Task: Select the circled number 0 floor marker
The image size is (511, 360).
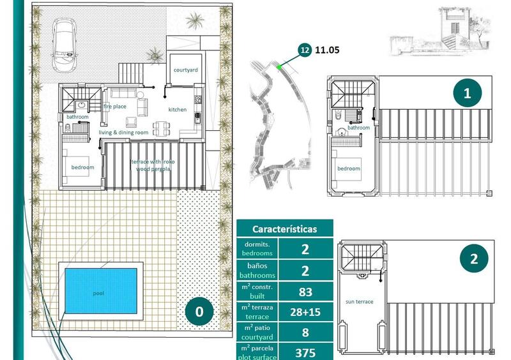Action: point(199,311)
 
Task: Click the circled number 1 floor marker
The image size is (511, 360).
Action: point(468,93)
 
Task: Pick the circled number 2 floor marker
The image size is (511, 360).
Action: point(473,259)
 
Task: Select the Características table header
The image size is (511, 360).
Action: point(284,229)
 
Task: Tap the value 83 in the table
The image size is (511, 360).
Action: point(305,292)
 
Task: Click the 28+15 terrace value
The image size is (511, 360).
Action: point(305,313)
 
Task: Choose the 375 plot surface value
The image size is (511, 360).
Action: point(305,352)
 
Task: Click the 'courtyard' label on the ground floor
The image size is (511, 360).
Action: point(185,70)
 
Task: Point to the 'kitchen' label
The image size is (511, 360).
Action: point(178,110)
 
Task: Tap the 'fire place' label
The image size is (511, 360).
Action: point(116,106)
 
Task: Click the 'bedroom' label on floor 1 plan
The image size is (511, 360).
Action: point(348,169)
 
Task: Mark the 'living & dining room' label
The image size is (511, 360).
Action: point(123,133)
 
